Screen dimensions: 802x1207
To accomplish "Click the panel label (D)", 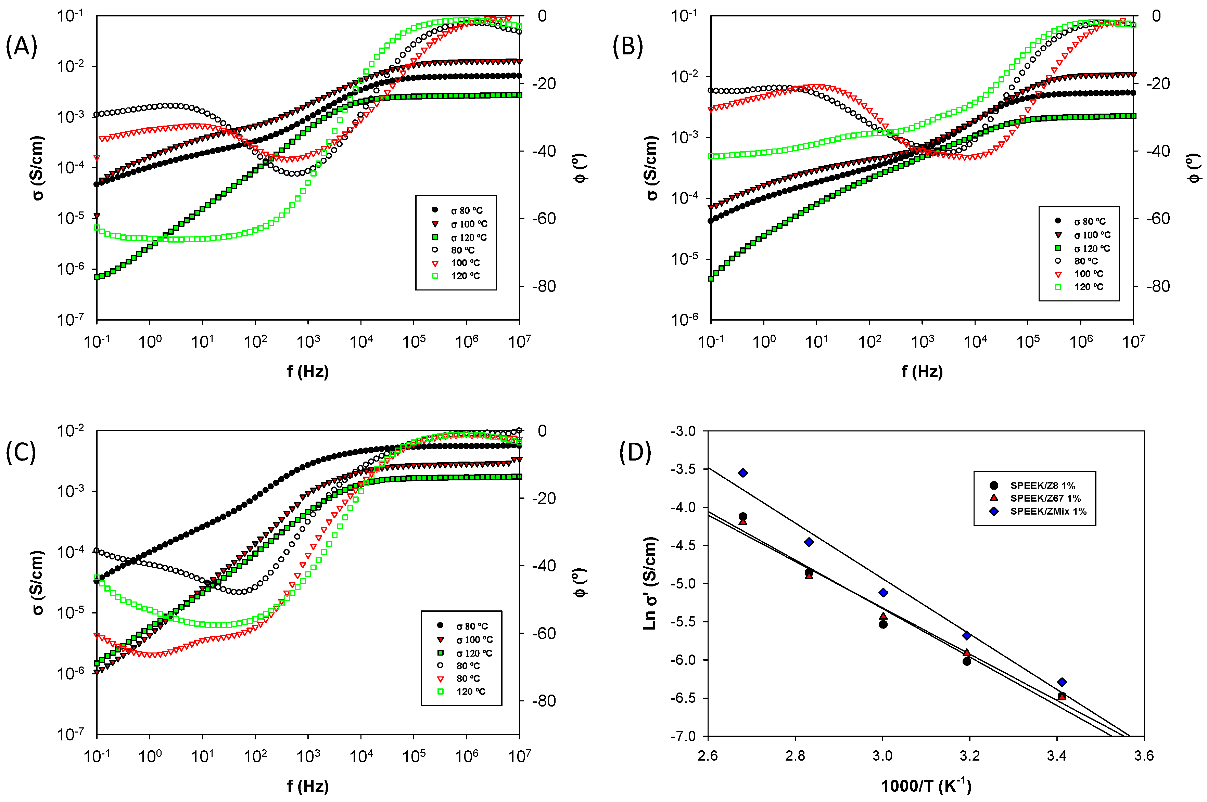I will point(635,452).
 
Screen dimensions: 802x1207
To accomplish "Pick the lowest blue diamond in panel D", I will point(1062,682).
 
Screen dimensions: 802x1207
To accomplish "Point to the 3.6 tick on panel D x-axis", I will point(1144,755).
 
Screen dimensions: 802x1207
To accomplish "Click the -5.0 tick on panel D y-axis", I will point(683,584).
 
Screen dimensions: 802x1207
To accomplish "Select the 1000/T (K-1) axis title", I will point(926,785).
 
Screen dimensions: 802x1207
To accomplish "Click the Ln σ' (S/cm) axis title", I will point(650,583).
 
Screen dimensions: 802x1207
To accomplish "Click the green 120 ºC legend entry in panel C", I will point(470,691).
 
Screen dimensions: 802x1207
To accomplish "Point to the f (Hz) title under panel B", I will point(922,371).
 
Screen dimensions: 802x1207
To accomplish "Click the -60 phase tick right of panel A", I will point(543,218).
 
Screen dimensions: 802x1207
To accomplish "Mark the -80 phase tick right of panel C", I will point(543,701).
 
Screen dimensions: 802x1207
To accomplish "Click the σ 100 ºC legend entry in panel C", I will point(474,639).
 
